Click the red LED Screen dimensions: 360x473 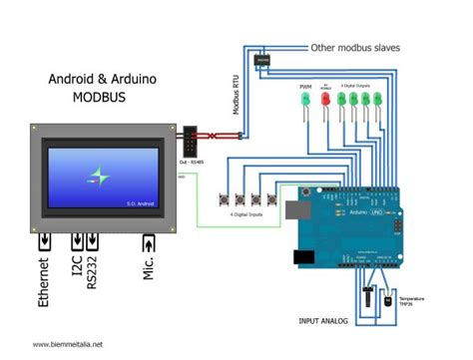(x=324, y=101)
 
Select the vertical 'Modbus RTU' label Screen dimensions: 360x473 (x=236, y=95)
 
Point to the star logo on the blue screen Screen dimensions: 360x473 (x=99, y=176)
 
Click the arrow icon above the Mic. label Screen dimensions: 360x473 (x=149, y=242)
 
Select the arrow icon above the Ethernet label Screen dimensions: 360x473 (x=44, y=242)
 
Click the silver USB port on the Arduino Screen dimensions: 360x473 (x=293, y=208)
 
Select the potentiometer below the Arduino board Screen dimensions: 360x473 (x=369, y=297)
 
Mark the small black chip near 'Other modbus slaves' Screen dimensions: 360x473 (x=263, y=62)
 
